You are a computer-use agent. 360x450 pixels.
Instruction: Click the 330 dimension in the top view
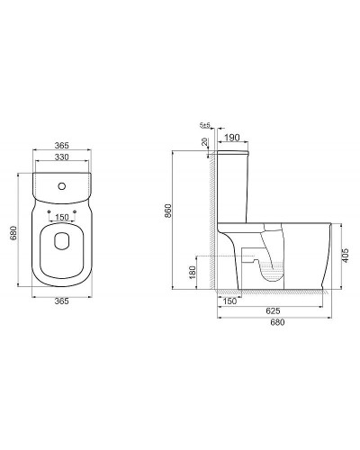[x=61, y=156]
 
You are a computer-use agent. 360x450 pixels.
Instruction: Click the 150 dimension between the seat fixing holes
[x=61, y=216]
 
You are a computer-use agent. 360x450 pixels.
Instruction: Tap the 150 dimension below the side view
[x=230, y=301]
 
